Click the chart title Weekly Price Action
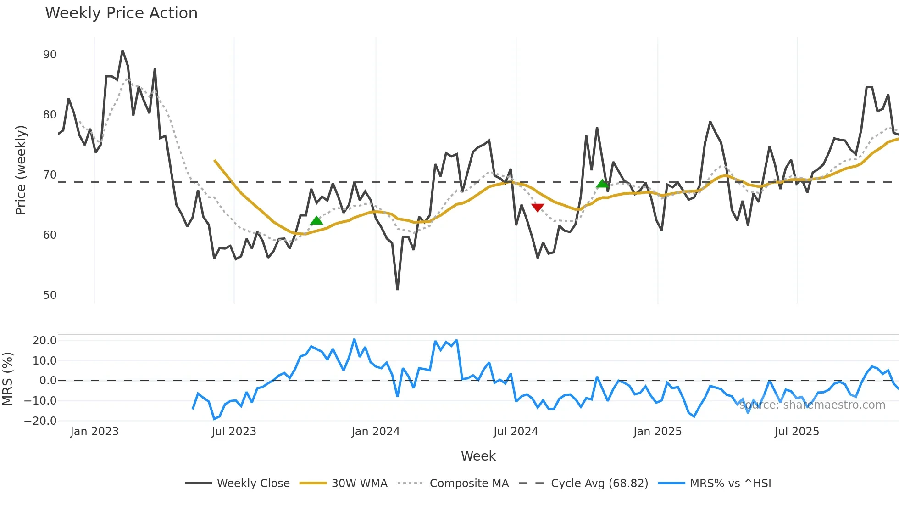(121, 13)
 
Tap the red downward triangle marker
(538, 208)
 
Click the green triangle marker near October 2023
(316, 221)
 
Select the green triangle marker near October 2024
(602, 184)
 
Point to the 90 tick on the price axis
(50, 55)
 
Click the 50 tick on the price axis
(50, 295)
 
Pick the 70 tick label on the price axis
(50, 175)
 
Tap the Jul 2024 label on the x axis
(516, 432)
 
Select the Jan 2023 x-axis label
(94, 432)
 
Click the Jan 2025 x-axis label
(657, 432)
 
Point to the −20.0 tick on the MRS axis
(40, 421)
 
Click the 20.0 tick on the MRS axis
(44, 341)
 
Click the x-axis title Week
(478, 456)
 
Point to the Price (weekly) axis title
(21, 170)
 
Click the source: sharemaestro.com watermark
(812, 405)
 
